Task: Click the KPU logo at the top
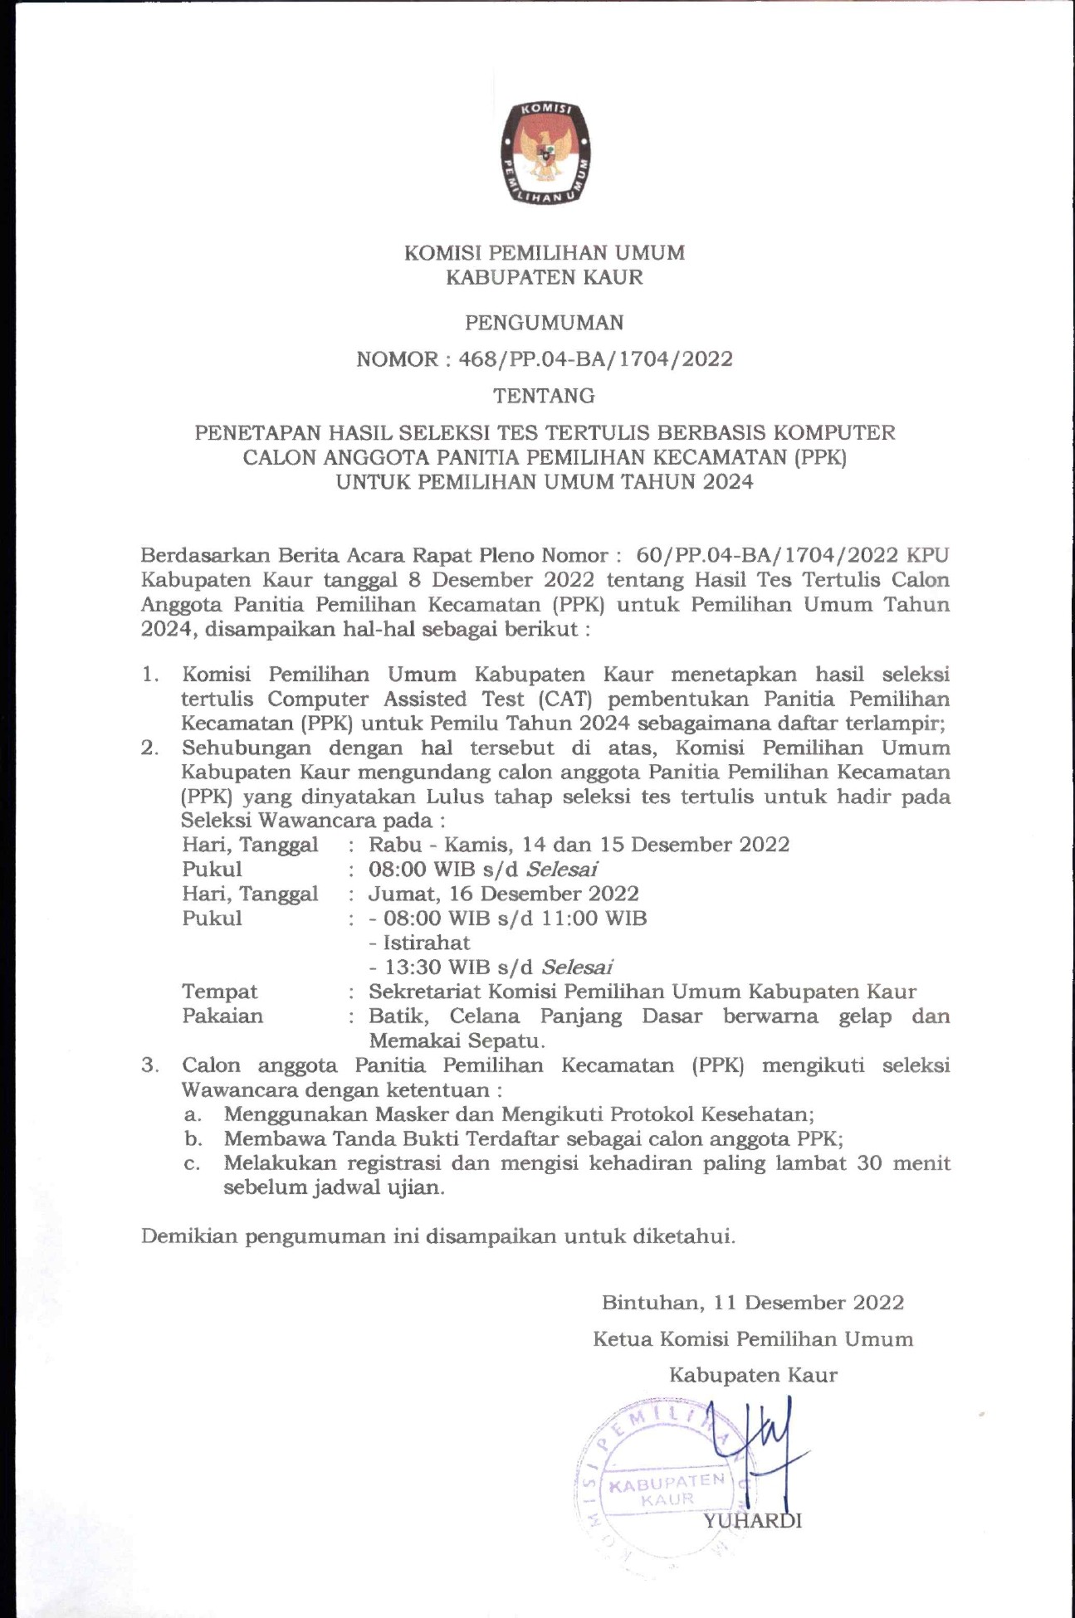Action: click(545, 154)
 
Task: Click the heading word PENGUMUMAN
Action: click(544, 323)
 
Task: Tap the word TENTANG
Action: click(544, 396)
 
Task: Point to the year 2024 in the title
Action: click(728, 482)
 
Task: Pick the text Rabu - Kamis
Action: click(432, 845)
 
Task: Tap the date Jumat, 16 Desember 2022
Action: click(503, 894)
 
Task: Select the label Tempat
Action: click(219, 992)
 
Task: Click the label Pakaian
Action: click(222, 1016)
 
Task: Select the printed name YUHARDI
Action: click(752, 1521)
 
